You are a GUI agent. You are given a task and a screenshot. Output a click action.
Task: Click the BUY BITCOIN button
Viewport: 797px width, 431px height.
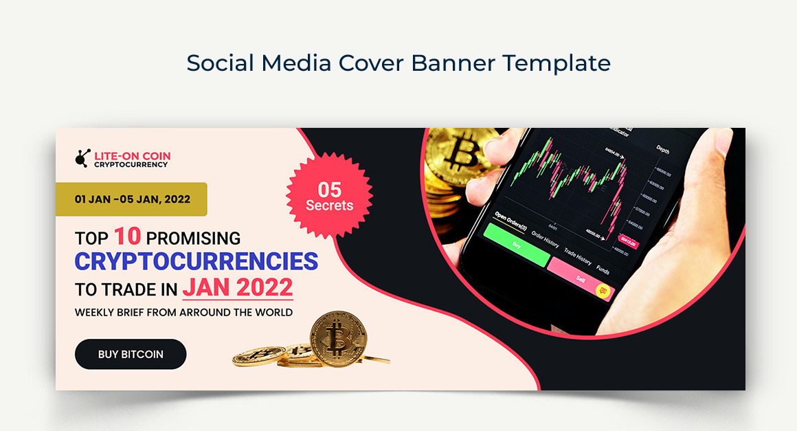point(131,354)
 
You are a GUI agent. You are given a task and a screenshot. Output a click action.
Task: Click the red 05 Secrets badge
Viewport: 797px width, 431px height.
point(329,196)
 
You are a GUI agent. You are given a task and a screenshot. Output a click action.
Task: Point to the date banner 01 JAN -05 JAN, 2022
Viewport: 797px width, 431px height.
point(132,199)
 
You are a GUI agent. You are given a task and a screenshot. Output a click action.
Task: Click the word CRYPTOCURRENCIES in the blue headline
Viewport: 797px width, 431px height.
point(196,261)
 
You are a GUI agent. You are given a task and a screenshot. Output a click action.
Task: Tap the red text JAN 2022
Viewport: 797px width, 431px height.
point(238,287)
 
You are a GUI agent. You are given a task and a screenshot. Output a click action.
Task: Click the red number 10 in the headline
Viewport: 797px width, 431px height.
point(127,236)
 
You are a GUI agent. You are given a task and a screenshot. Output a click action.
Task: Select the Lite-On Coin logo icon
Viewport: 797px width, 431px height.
point(82,159)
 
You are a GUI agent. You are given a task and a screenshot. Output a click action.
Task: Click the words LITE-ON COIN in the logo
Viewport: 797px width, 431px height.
point(133,156)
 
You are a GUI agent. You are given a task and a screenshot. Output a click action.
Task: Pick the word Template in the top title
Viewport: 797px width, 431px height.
point(556,63)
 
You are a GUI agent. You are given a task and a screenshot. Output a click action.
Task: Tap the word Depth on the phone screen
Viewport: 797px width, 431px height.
point(663,149)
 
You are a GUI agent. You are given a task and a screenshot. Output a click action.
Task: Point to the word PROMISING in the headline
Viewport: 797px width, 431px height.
point(193,238)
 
